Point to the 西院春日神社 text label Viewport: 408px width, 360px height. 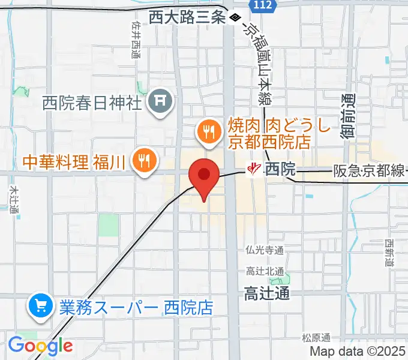click(x=92, y=103)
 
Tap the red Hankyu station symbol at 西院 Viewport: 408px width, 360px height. click(x=254, y=170)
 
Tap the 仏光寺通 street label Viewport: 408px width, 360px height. click(x=265, y=250)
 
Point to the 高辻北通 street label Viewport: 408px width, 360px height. click(x=265, y=272)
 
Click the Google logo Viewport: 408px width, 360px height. click(x=40, y=346)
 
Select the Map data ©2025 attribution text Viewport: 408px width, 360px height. click(x=357, y=352)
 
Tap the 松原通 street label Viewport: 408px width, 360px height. click(x=316, y=338)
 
